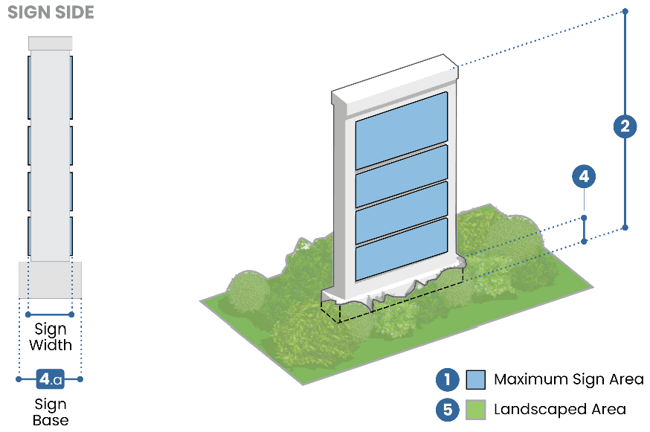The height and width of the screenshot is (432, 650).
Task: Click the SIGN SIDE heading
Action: click(51, 13)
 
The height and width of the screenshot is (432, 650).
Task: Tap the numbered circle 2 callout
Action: click(625, 126)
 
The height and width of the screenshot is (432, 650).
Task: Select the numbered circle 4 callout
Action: click(584, 177)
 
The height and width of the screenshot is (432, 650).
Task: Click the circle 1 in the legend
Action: click(447, 380)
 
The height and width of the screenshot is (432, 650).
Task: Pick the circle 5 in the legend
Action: click(447, 410)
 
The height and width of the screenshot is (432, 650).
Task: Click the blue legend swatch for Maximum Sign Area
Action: click(476, 380)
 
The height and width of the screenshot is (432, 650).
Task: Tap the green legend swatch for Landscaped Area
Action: click(476, 410)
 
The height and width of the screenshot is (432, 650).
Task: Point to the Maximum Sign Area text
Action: click(569, 380)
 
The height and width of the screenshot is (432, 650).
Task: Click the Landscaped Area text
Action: click(560, 410)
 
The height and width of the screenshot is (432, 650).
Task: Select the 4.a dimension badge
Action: click(50, 379)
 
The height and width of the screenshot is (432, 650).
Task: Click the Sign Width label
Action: click(51, 337)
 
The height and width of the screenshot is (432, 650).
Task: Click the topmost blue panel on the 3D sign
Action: click(401, 131)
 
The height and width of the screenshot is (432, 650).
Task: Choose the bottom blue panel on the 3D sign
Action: click(401, 248)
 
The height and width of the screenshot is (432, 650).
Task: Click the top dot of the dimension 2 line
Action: click(625, 11)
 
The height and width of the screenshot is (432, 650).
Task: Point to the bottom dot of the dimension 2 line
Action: click(625, 227)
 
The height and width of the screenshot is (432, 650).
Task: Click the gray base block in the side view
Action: click(50, 280)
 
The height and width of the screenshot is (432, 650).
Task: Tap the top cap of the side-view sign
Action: click(51, 43)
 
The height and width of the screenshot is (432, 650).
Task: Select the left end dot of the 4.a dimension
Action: click(19, 379)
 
